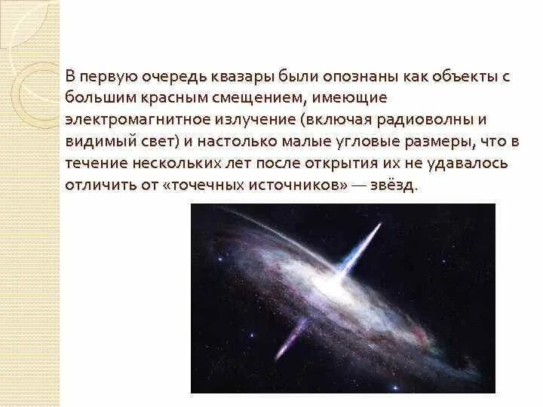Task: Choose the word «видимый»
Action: point(97,141)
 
